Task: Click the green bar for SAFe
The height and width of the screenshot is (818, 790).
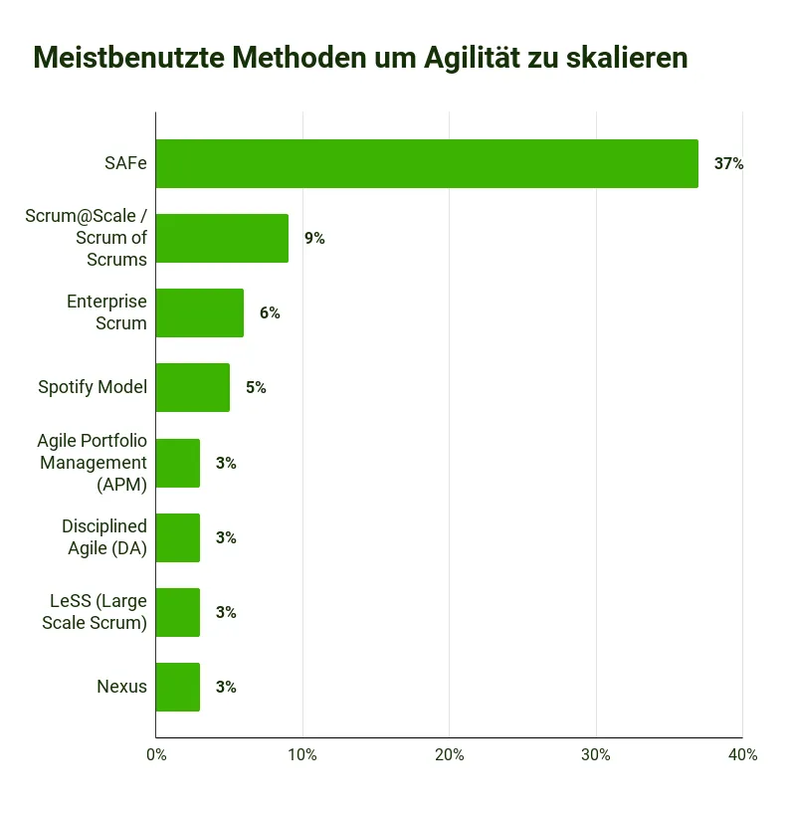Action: coord(427,164)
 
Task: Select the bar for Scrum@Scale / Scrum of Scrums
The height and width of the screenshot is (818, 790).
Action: coord(222,239)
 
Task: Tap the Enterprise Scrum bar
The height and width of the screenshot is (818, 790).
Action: coord(200,313)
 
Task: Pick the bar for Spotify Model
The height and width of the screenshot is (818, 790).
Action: coord(193,388)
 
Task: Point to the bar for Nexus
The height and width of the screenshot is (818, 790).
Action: coord(178,687)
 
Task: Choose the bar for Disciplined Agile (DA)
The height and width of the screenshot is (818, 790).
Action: coord(178,537)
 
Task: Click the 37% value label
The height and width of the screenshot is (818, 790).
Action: coord(728,164)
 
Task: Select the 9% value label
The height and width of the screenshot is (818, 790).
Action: coord(314,239)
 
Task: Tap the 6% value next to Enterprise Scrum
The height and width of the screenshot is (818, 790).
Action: coord(270,313)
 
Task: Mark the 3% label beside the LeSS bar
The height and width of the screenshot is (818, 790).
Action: coord(226,613)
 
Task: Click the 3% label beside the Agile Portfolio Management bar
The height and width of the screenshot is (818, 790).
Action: coord(226,464)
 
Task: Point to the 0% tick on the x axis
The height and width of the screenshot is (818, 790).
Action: coord(156,755)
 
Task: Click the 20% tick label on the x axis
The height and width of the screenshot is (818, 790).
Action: coord(449,755)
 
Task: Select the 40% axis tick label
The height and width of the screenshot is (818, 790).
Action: coord(742,755)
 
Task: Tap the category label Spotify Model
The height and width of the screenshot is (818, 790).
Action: coord(93,388)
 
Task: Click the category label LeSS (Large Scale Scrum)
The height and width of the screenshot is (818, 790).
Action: coord(99,613)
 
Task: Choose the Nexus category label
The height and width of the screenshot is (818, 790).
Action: coord(121,687)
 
